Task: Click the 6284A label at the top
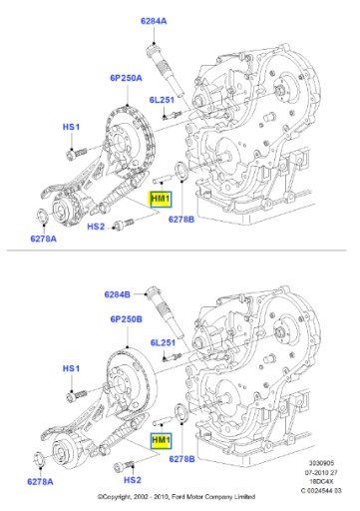[x=154, y=21]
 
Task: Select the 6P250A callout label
[x=126, y=78]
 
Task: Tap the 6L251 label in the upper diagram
[x=162, y=100]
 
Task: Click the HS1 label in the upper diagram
[x=71, y=127]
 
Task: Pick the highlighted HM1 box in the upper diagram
[x=161, y=199]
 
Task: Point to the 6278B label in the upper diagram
[x=181, y=220]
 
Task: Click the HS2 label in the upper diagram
[x=96, y=227]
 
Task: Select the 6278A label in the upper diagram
[x=43, y=239]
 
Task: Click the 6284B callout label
[x=117, y=294]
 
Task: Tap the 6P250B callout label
[x=127, y=319]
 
